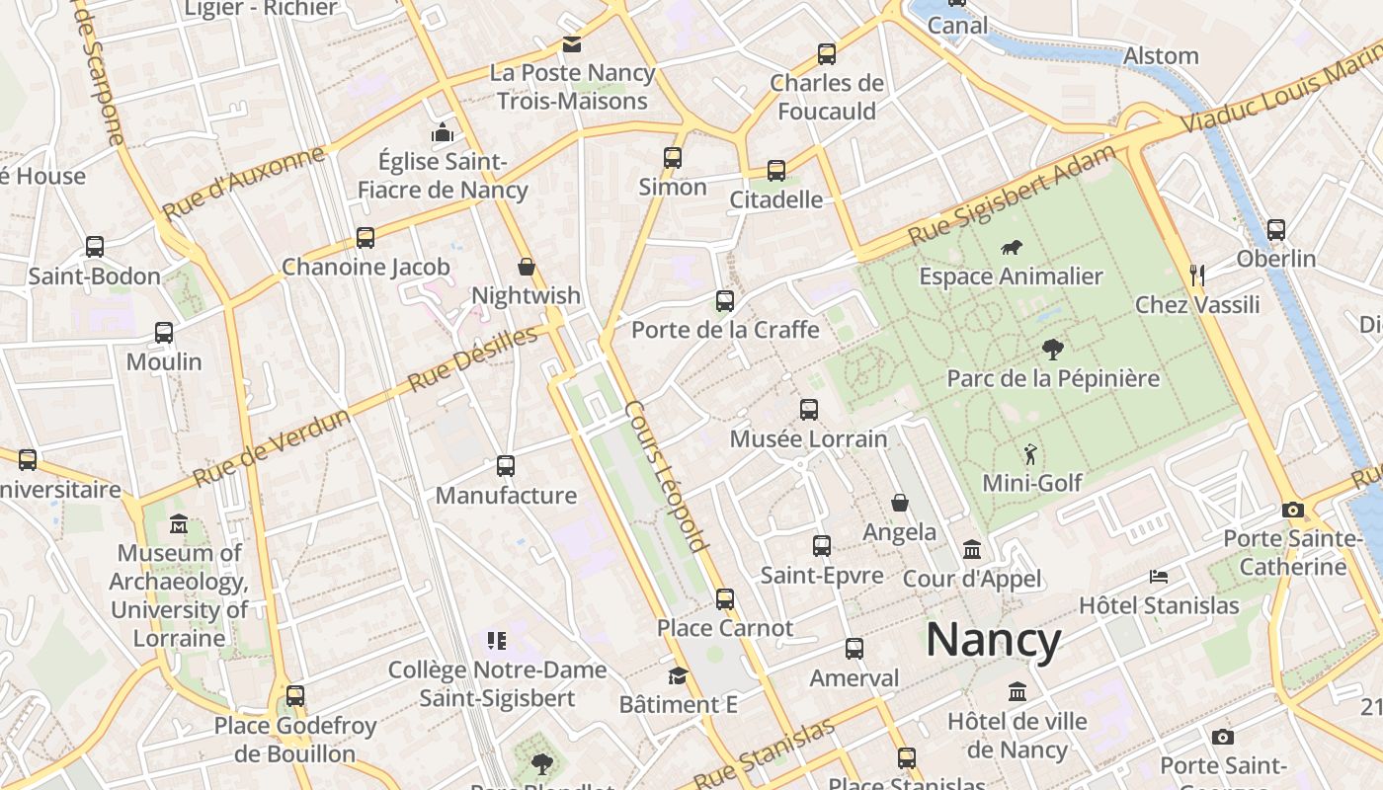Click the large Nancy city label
(x=993, y=640)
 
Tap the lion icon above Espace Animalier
(x=1011, y=248)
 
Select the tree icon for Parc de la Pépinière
(x=1052, y=349)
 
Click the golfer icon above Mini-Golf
(x=1031, y=454)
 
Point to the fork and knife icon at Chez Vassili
(x=1196, y=275)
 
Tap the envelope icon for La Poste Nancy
(x=572, y=44)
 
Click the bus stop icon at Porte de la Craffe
(x=725, y=301)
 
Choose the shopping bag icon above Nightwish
(x=527, y=267)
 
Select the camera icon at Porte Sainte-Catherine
(x=1292, y=510)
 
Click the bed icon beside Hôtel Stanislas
(x=1159, y=576)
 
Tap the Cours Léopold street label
(x=668, y=476)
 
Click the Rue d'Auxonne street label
(x=243, y=184)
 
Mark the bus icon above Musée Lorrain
(x=809, y=409)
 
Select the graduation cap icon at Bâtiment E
(x=678, y=675)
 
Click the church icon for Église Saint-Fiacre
(x=442, y=132)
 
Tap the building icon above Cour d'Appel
(x=972, y=549)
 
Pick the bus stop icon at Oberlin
(x=1276, y=230)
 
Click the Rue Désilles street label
(x=474, y=357)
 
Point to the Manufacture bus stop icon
(x=506, y=465)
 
